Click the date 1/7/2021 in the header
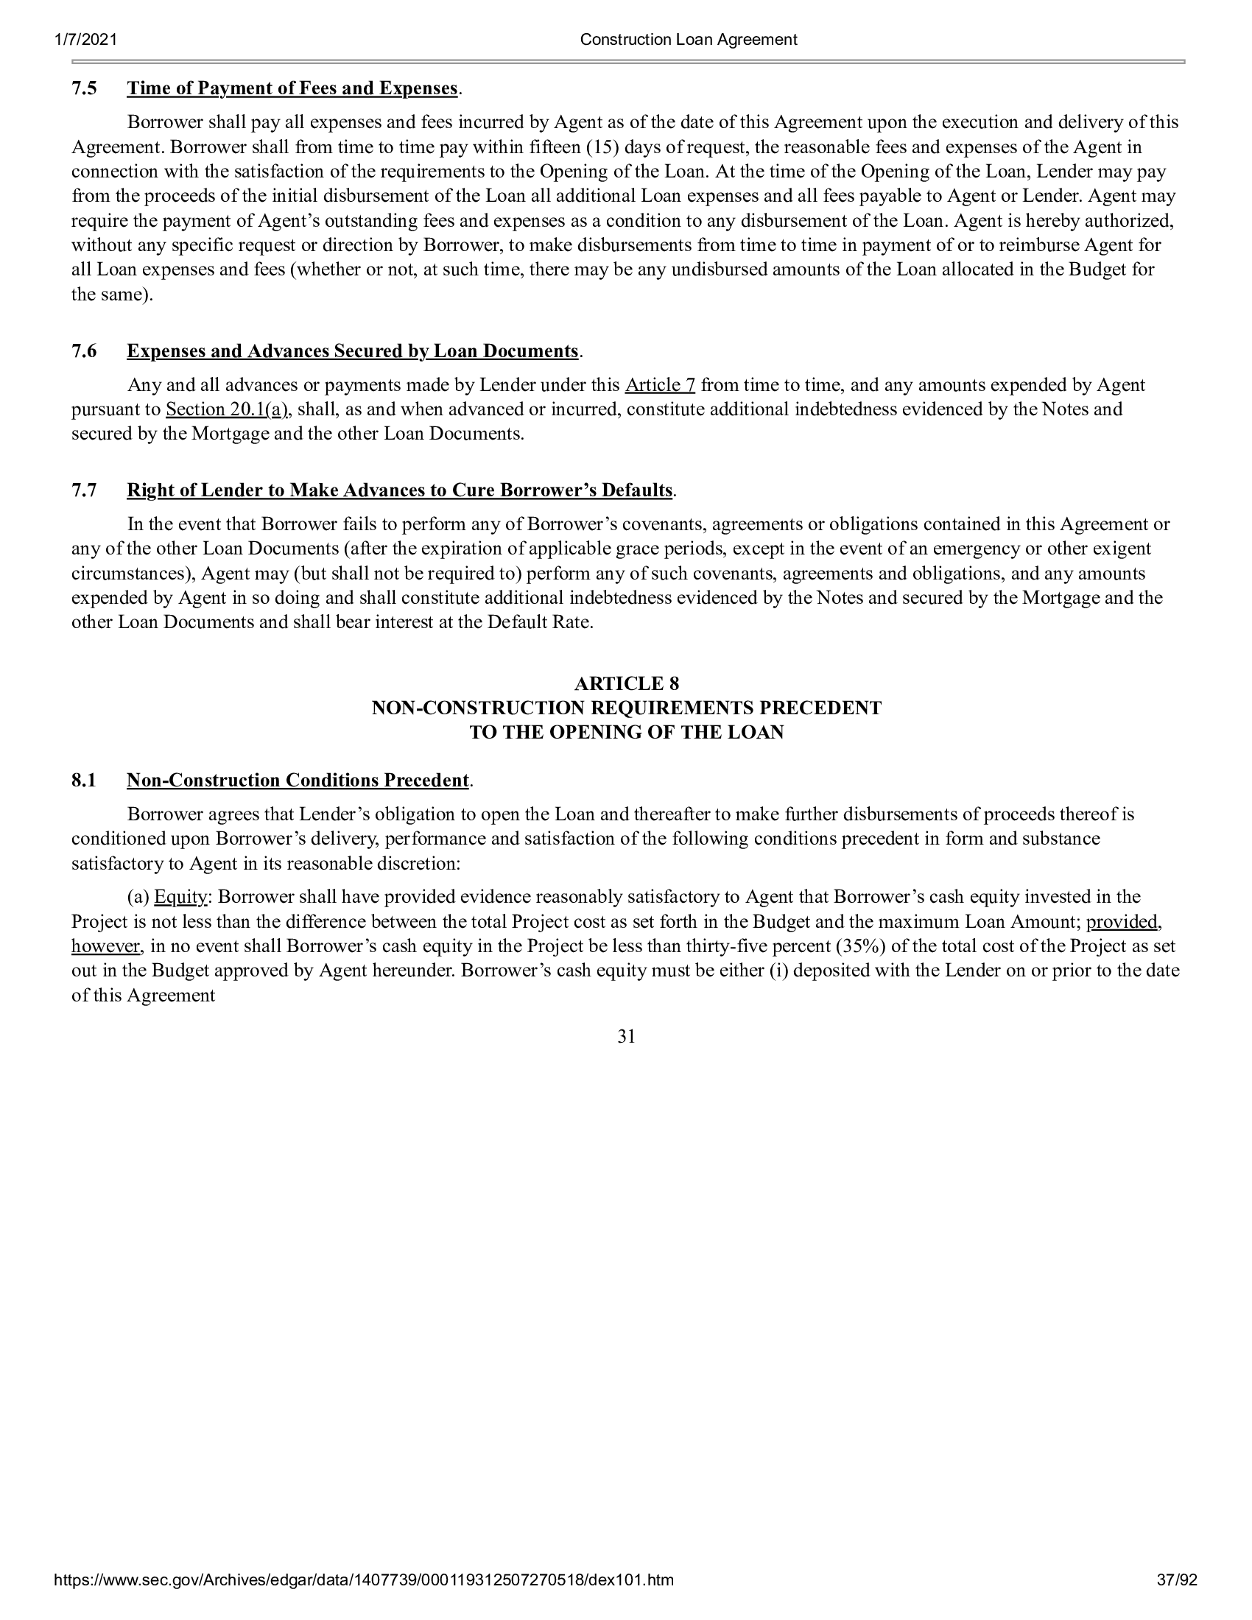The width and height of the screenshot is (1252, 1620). tap(85, 40)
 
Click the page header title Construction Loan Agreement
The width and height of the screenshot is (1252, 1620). tap(689, 40)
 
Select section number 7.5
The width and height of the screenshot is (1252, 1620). tap(84, 88)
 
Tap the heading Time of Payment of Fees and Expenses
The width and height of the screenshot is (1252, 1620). tap(292, 88)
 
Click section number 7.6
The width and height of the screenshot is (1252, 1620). tap(84, 351)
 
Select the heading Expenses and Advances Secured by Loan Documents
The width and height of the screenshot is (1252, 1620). tap(352, 351)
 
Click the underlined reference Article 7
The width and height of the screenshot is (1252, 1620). tap(660, 385)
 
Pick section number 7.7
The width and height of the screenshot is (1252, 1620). tap(84, 490)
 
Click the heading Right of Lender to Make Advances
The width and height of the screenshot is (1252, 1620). tap(400, 490)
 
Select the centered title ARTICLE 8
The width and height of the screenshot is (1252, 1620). tap(626, 683)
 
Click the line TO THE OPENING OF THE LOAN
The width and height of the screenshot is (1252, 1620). tap(626, 732)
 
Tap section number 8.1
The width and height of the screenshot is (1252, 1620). tap(84, 781)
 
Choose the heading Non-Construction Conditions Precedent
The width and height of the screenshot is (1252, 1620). tap(298, 781)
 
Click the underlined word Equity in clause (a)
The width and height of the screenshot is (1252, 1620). tap(180, 898)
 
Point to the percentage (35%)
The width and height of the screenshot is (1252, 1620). tap(870, 946)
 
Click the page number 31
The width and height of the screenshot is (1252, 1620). tap(626, 1037)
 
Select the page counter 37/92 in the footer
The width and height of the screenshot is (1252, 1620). tap(1177, 1601)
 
